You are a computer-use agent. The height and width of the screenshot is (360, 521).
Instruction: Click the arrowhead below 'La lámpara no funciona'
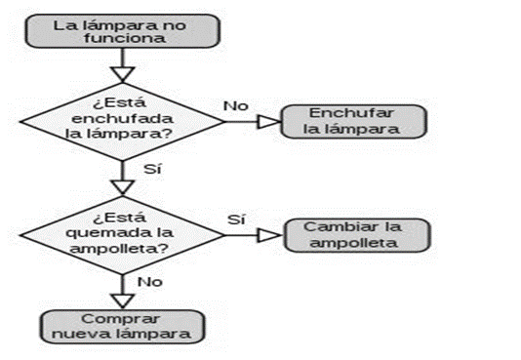124,72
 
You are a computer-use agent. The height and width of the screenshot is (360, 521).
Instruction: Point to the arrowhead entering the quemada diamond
124,186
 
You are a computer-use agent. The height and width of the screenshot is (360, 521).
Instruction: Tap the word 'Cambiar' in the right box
334,227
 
